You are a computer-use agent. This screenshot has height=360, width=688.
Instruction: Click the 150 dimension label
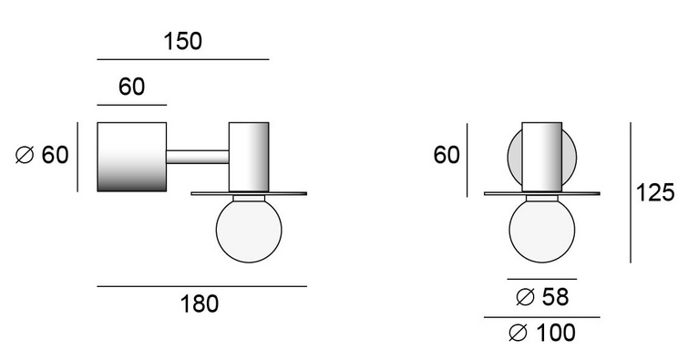[182, 41]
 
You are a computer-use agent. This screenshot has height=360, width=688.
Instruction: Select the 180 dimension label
[200, 303]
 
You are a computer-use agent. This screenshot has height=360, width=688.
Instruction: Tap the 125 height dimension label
[655, 192]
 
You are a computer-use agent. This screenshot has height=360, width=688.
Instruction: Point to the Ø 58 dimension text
[543, 297]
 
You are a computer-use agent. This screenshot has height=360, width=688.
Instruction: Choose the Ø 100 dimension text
[542, 333]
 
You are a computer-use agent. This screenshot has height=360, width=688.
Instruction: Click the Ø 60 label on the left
[42, 155]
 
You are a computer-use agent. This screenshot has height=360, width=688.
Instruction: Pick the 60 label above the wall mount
[131, 87]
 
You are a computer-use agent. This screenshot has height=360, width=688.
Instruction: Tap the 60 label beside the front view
[447, 155]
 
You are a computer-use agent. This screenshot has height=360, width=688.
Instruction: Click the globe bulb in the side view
[249, 230]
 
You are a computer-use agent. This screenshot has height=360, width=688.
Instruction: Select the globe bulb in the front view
[542, 230]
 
